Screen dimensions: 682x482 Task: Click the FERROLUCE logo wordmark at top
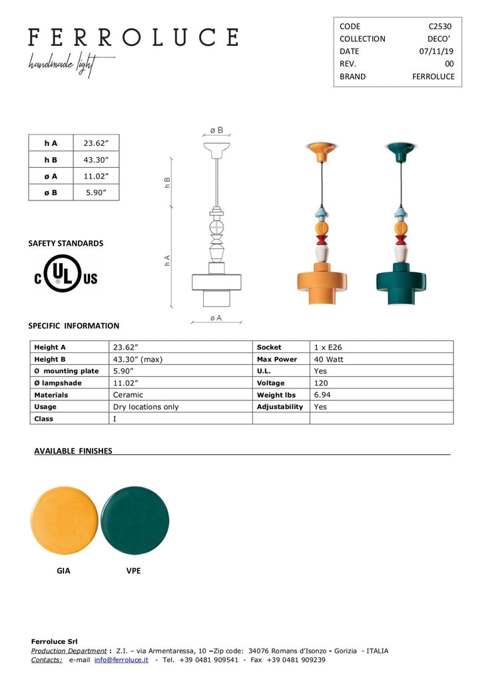click(x=132, y=37)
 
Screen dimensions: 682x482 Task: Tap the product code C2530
click(x=439, y=27)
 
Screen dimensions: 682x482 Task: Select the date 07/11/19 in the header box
click(x=436, y=51)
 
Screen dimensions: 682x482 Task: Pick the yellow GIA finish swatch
click(x=64, y=520)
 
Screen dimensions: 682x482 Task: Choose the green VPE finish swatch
click(x=134, y=520)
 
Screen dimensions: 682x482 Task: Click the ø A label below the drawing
click(x=216, y=318)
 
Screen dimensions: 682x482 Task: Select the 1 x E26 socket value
click(x=328, y=347)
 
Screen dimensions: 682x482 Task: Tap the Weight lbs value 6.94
click(x=322, y=395)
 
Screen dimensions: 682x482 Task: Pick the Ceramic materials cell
click(x=128, y=395)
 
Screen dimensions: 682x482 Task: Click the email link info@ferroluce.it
click(x=121, y=659)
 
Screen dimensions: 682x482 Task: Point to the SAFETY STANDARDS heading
click(x=66, y=244)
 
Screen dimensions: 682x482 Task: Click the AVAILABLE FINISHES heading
click(x=73, y=451)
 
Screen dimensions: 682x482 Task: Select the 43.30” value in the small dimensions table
click(x=96, y=160)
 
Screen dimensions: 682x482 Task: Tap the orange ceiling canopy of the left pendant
click(x=321, y=149)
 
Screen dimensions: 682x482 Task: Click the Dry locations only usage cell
click(x=146, y=407)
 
